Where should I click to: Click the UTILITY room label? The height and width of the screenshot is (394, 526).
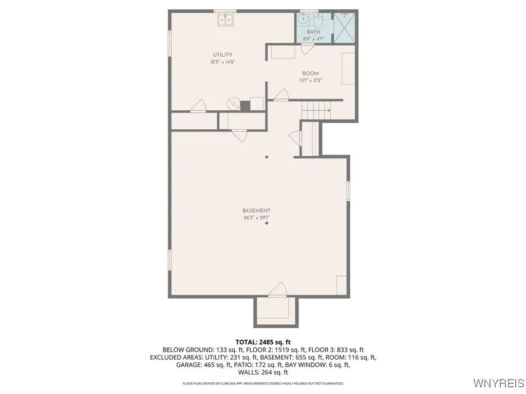223,55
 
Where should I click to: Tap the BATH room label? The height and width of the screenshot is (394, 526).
314,32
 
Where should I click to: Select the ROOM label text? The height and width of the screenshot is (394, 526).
311,73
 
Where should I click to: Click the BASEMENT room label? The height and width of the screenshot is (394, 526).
256,211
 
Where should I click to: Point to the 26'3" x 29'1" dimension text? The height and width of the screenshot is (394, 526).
256,218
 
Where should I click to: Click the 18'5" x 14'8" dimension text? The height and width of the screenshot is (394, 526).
222,62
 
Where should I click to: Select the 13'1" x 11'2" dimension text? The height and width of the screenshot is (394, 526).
311,81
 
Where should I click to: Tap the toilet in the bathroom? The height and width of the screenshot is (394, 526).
317,21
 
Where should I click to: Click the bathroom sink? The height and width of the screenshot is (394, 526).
303,18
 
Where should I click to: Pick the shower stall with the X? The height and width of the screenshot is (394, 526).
344,28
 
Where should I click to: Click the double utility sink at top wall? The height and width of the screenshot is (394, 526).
225,19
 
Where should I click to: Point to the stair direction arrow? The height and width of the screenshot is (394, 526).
316,110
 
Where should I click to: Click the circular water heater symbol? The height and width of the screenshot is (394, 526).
233,104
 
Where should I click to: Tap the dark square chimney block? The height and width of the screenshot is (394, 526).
245,106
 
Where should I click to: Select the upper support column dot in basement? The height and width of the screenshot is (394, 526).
267,157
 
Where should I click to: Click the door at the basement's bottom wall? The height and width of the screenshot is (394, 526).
278,290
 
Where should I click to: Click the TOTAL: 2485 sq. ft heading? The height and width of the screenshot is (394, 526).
263,342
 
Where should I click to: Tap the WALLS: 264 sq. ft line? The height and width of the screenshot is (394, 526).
263,372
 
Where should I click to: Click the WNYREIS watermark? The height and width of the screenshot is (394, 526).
499,383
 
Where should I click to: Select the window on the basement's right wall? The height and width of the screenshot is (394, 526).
348,191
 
